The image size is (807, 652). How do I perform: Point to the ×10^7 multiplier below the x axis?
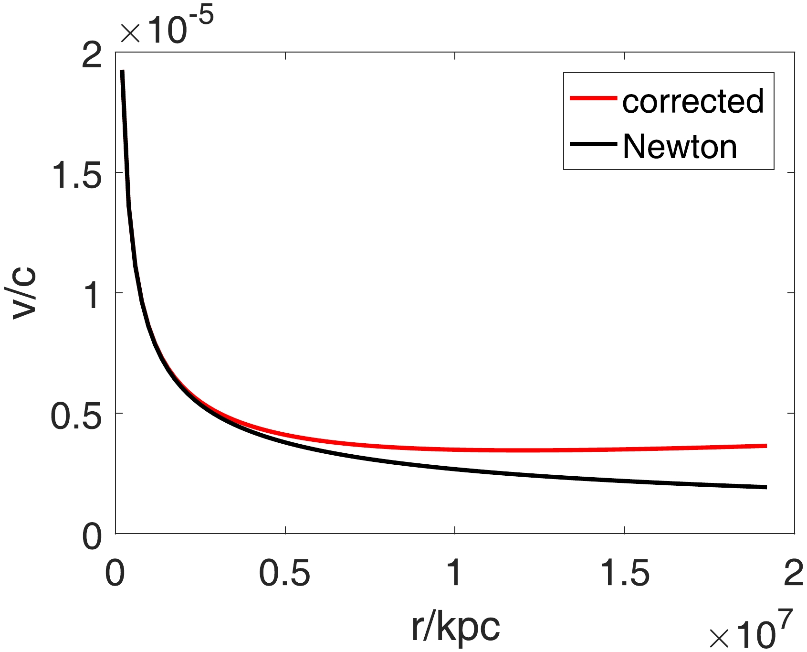click(x=751, y=630)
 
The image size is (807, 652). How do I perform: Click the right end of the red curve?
click(x=765, y=446)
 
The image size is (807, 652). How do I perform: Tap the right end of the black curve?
click(x=765, y=487)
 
